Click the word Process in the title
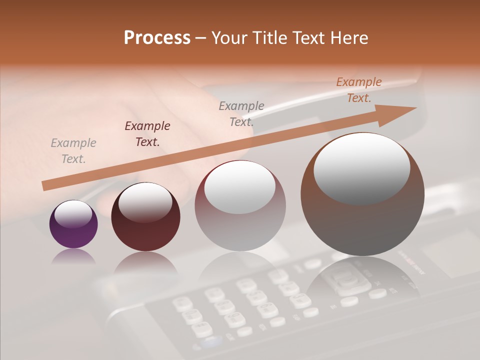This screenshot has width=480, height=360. click(x=157, y=38)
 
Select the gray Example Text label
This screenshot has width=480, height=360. click(x=73, y=151)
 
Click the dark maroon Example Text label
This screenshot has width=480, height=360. click(x=147, y=134)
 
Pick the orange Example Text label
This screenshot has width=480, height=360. click(x=358, y=90)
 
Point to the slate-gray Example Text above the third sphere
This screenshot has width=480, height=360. click(x=241, y=113)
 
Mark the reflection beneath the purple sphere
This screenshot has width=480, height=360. click(x=73, y=256)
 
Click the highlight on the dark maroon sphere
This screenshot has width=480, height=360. click(x=145, y=202)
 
